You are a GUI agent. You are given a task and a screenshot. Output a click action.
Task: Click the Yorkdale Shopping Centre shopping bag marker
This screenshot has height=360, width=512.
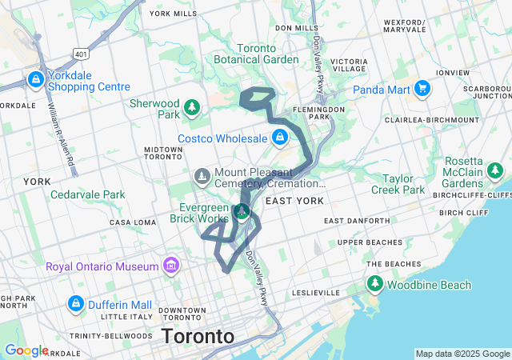point(36,79)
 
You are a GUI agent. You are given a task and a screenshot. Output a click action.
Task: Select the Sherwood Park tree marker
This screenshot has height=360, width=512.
point(191,107)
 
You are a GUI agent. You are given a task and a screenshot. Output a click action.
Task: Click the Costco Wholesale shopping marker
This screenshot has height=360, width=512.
point(279,138)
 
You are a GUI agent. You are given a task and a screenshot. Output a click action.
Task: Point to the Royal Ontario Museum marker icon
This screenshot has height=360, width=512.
point(170,266)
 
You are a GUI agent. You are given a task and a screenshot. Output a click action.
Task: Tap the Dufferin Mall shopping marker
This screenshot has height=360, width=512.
point(76,304)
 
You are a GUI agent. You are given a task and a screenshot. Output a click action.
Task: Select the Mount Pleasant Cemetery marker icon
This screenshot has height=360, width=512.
point(202,174)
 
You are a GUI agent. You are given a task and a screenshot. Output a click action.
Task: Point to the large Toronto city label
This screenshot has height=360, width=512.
point(198,336)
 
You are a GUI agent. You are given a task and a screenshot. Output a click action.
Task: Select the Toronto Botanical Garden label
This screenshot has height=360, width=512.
point(256,54)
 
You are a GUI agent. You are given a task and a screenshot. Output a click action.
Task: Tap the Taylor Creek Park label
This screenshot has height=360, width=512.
point(398,184)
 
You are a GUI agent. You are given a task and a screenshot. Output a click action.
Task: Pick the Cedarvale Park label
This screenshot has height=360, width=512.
point(88,194)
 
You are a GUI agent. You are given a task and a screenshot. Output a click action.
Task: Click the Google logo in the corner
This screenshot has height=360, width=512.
point(26,350)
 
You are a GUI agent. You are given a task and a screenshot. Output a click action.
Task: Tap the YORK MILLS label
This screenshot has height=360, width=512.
point(173,14)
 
